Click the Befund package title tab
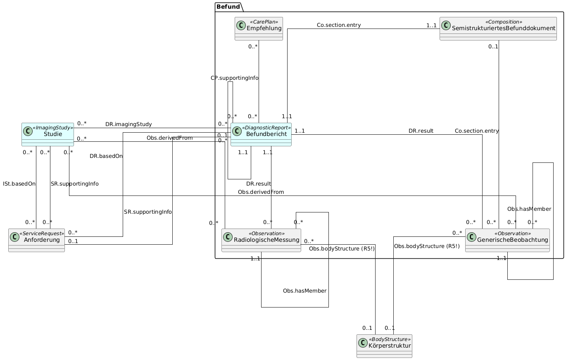click(x=228, y=7)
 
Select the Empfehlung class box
click(x=259, y=29)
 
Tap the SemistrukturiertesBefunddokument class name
click(x=503, y=29)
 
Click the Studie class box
click(x=48, y=134)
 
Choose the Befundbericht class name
click(x=266, y=134)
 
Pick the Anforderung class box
click(x=36, y=240)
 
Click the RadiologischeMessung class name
click(x=266, y=240)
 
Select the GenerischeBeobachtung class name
click(x=512, y=240)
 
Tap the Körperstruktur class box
click(x=384, y=346)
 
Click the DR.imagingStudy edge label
click(x=128, y=124)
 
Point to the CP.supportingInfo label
click(x=235, y=78)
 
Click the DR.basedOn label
click(x=106, y=156)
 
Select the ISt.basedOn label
click(x=19, y=184)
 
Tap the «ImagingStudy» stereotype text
click(x=53, y=128)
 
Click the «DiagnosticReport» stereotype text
click(x=266, y=128)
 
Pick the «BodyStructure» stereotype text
click(x=390, y=339)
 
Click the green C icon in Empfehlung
click(x=241, y=25)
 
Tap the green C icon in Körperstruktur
click(x=363, y=343)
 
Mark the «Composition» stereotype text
click(x=504, y=22)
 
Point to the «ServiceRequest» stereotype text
click(x=42, y=234)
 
